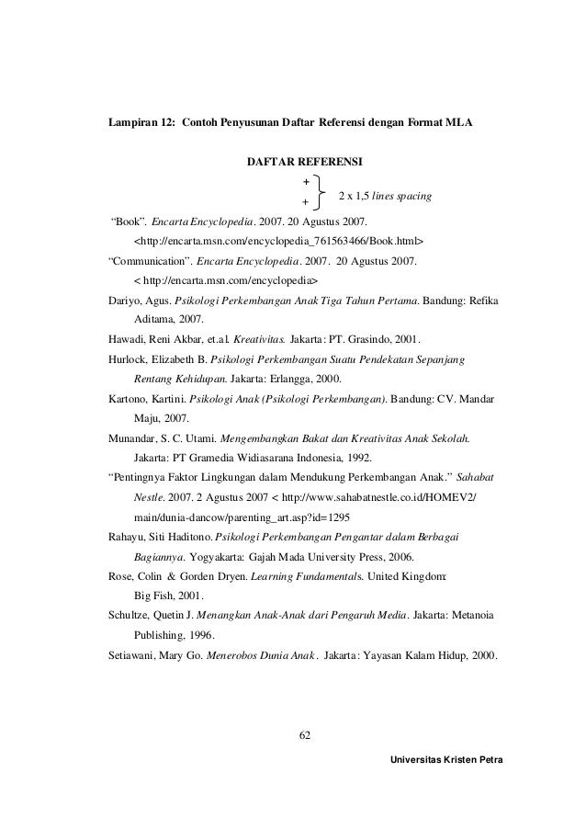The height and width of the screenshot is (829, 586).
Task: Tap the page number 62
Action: [308, 733]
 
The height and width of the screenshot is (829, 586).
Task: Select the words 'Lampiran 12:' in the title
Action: [140, 121]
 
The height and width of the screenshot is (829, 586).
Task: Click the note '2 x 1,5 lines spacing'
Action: [385, 197]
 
